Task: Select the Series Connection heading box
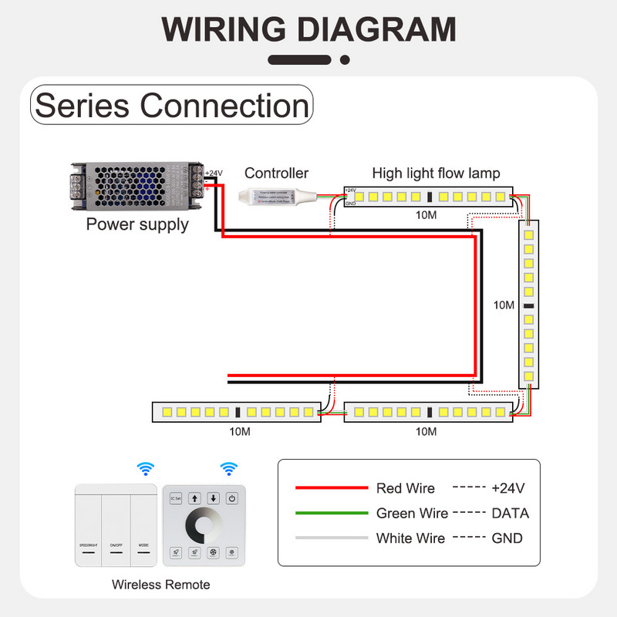(x=172, y=106)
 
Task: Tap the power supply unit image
(x=137, y=187)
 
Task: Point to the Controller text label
(x=276, y=174)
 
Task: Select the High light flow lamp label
(x=436, y=174)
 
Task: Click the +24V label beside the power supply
(x=214, y=173)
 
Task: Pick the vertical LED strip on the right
(x=528, y=303)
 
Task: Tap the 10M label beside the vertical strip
(x=504, y=305)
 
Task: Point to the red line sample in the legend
(x=332, y=488)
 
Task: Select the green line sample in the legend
(x=332, y=513)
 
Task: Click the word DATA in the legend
(x=510, y=513)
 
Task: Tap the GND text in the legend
(x=507, y=538)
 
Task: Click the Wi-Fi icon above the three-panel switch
(x=145, y=468)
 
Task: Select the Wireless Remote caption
(x=160, y=585)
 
